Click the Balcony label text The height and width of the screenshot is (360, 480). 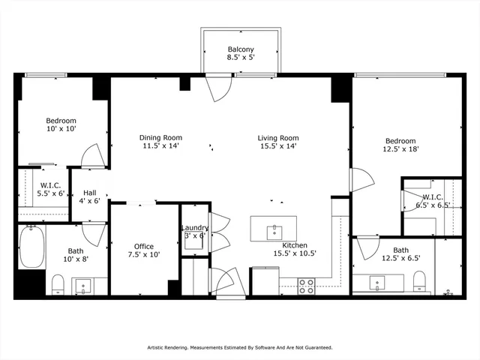point(241,50)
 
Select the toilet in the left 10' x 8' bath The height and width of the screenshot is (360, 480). point(57,284)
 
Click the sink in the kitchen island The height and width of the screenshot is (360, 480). point(274,229)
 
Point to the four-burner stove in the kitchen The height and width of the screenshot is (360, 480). point(307,286)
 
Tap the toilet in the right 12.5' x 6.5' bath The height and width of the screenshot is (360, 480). point(418,282)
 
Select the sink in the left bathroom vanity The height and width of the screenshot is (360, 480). point(82,285)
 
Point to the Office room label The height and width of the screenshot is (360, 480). point(144,246)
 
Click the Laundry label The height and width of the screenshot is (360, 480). point(194,229)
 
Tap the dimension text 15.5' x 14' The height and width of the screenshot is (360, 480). point(278,147)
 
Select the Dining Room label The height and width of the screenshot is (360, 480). point(161,137)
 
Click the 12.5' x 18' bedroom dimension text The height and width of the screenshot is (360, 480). point(400,149)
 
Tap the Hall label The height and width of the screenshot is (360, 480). point(89,192)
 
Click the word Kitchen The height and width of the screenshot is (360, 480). point(294,245)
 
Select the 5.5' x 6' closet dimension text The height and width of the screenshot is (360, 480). point(50,193)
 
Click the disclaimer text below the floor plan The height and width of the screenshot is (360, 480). point(239,348)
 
